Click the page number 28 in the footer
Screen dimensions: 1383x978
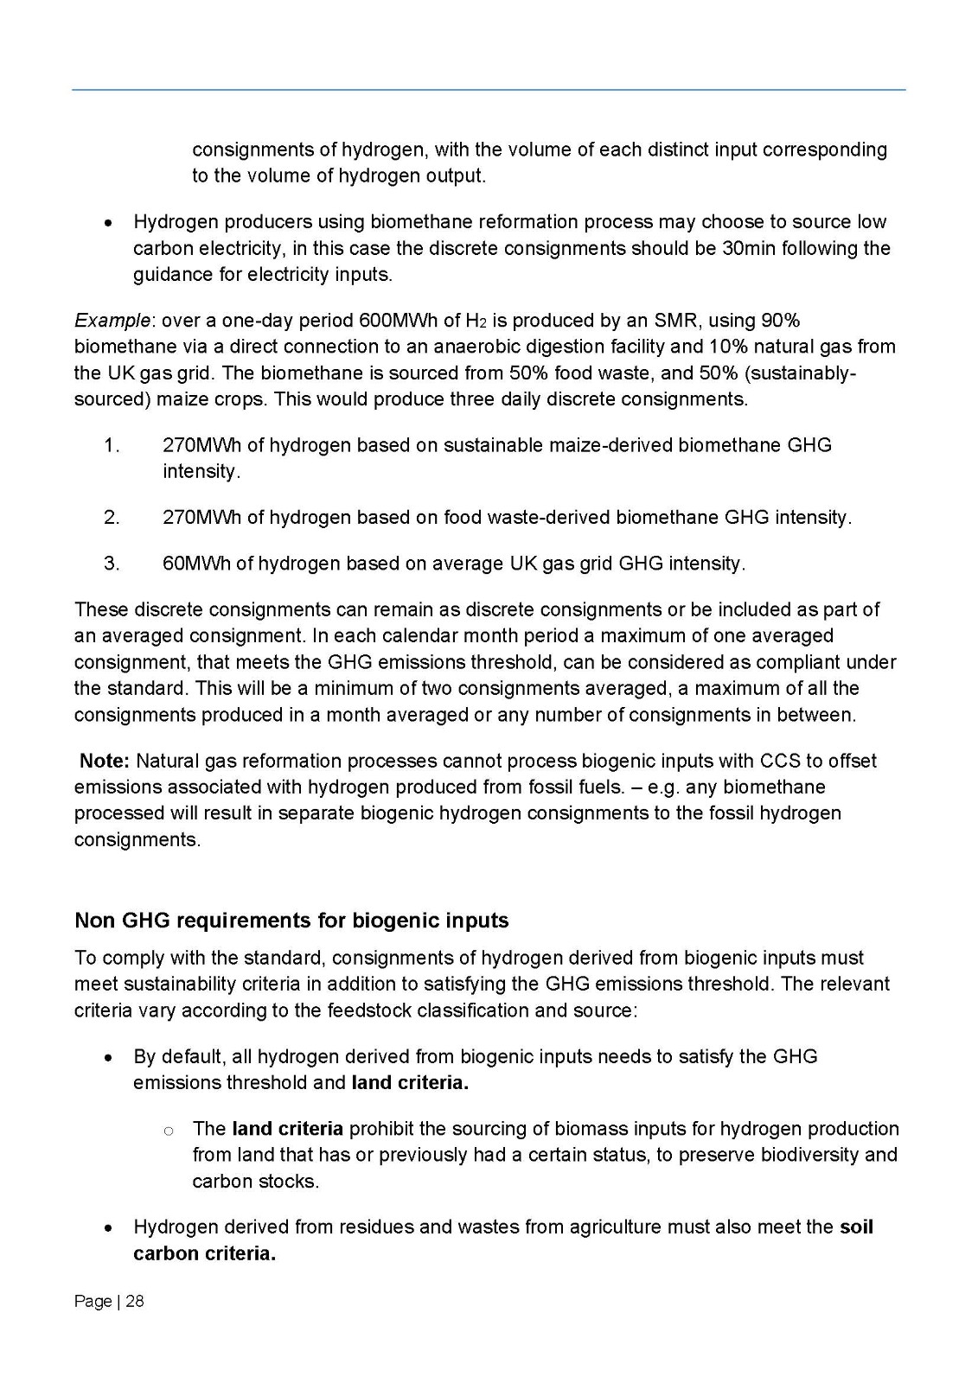[x=135, y=1301]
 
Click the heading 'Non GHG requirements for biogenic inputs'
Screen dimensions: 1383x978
[x=291, y=920]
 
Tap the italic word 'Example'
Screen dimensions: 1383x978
[x=112, y=321]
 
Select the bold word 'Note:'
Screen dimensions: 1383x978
[x=105, y=761]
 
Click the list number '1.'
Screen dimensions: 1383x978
[x=111, y=445]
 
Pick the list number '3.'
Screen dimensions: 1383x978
[x=111, y=564]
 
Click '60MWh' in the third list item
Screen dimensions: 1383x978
[x=196, y=564]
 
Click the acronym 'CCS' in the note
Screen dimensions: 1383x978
[x=780, y=761]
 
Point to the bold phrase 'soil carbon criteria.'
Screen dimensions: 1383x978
[x=204, y=1253]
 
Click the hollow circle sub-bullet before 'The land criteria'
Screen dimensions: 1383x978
[x=169, y=1130]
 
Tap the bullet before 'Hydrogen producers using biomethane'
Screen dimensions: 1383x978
[x=107, y=222]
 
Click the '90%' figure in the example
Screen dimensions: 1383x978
[x=780, y=321]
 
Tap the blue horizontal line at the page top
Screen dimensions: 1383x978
[x=489, y=89]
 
